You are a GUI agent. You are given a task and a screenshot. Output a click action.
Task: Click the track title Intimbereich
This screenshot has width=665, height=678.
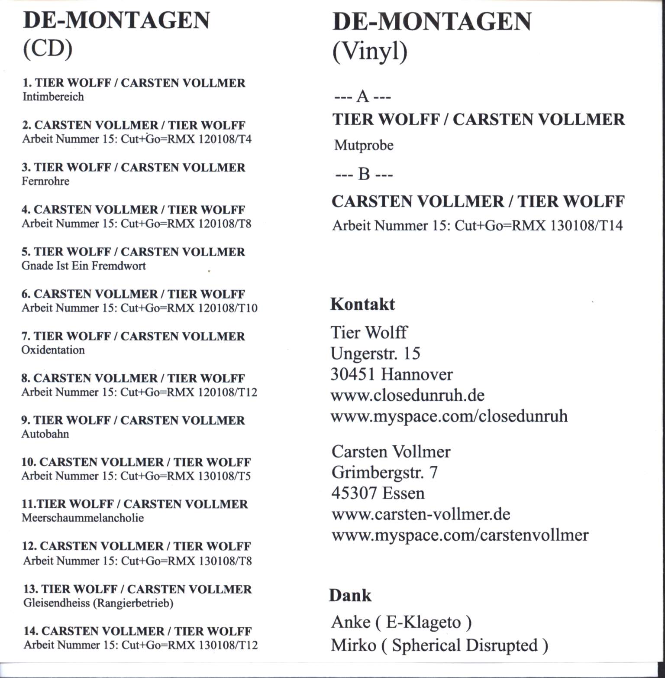coord(53,97)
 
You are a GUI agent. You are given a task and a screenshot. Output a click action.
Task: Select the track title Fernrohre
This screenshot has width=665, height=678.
coord(45,181)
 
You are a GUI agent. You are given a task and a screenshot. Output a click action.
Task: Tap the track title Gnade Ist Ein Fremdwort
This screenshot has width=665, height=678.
coord(84,266)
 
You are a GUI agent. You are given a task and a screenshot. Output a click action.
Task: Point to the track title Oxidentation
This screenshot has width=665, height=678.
coord(53,350)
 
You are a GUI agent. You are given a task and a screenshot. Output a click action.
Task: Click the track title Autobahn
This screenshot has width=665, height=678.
coord(45,434)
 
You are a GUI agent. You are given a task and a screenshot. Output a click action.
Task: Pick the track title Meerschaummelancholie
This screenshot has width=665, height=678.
coord(82,518)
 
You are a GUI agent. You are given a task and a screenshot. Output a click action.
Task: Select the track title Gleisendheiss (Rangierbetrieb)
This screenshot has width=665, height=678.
coord(98,603)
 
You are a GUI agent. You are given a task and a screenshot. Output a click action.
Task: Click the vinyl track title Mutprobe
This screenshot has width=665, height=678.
coord(364,145)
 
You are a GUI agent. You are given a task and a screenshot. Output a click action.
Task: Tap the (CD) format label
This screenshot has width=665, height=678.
coord(47,49)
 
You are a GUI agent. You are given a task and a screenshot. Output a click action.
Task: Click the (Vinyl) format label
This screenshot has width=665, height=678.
coord(370,52)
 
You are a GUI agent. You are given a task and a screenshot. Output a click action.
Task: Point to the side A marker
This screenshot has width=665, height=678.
coord(363,97)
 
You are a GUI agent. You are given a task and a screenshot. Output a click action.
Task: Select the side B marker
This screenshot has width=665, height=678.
coord(364,174)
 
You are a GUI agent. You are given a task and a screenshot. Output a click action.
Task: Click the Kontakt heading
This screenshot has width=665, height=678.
coord(362,304)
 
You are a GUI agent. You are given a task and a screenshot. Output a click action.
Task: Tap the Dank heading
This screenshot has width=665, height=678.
coord(350,595)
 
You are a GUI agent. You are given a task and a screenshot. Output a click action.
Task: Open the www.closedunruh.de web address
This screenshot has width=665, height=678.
coord(407,395)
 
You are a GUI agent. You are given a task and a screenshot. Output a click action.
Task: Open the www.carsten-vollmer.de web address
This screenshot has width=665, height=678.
coord(421,514)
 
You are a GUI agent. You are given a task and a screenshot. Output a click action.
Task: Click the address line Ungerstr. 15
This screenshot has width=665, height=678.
coord(375,354)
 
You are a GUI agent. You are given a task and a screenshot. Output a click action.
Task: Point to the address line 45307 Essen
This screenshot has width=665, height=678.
coord(378,493)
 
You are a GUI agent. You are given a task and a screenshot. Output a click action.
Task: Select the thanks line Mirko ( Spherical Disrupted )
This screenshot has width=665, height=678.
coord(439,645)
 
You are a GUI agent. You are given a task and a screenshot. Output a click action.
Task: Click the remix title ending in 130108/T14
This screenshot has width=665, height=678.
coord(478,225)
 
